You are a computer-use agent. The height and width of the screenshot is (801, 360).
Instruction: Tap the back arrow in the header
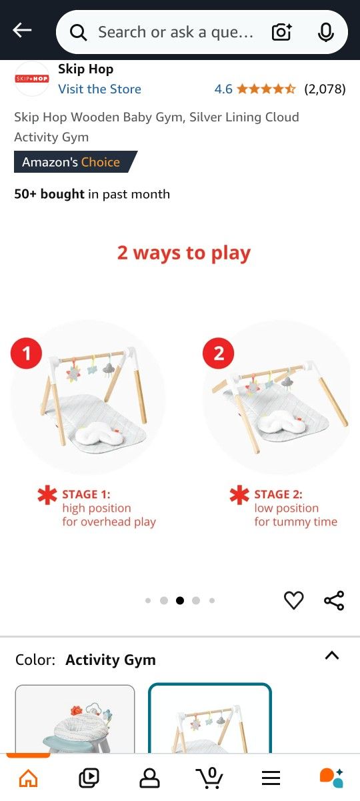[22, 31]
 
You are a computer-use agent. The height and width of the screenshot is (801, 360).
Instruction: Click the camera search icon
[282, 32]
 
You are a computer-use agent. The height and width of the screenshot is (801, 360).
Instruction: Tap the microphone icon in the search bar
[326, 33]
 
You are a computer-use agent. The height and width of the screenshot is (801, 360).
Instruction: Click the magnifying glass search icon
[78, 33]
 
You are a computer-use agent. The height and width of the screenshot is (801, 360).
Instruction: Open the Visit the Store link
[100, 89]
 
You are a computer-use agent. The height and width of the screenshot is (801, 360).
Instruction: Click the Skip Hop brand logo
[32, 79]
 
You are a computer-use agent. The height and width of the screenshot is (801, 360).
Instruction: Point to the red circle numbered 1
[27, 353]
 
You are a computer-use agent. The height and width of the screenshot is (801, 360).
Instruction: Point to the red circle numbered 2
[219, 353]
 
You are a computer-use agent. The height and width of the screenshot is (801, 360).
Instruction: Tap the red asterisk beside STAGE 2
[239, 495]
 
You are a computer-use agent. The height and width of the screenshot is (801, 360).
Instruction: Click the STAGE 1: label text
[86, 494]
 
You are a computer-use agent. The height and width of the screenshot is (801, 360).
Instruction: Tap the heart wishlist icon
[294, 600]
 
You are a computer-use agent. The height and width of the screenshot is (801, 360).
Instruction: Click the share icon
[334, 600]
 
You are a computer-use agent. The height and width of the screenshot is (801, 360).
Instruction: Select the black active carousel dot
[180, 600]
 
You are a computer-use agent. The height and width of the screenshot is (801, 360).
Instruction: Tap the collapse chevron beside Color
[332, 656]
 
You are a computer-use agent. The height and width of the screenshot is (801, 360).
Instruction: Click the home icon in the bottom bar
[28, 778]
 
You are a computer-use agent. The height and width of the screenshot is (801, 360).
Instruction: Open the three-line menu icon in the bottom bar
[271, 778]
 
